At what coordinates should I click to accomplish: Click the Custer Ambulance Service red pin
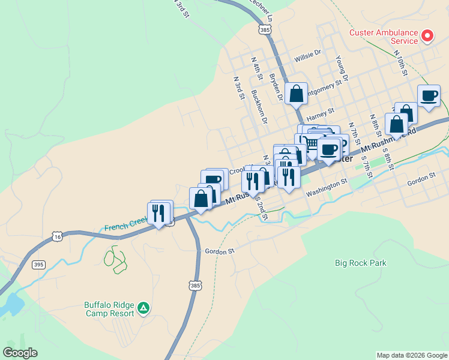click(x=427, y=36)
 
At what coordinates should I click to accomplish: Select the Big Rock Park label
click(x=360, y=263)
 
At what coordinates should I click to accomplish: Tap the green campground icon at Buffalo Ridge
click(x=143, y=308)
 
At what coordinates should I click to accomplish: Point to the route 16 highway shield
click(x=57, y=237)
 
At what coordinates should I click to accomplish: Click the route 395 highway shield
click(x=38, y=265)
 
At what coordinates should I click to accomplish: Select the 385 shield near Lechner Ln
click(x=264, y=28)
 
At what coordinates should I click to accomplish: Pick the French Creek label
click(x=125, y=224)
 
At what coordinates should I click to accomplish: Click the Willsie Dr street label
click(x=307, y=59)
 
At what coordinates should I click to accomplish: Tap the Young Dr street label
click(x=341, y=68)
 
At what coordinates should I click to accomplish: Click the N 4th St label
click(x=257, y=69)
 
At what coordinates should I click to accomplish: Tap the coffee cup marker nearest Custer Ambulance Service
click(x=429, y=96)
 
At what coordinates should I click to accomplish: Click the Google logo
click(x=20, y=353)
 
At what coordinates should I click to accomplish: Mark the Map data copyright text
click(x=412, y=355)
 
